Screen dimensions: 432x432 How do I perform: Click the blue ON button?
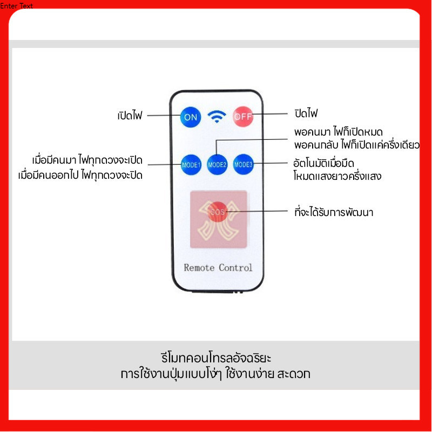(x=191, y=117)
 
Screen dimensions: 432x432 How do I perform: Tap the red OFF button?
(x=242, y=117)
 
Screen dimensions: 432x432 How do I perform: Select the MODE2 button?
(x=217, y=165)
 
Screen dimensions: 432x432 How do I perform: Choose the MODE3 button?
(x=243, y=165)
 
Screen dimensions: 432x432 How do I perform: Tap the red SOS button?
(x=218, y=212)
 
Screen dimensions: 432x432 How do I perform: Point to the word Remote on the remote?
(x=199, y=267)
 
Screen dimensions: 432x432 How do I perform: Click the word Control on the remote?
(x=235, y=267)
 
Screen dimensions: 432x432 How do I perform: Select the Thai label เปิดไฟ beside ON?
(x=130, y=115)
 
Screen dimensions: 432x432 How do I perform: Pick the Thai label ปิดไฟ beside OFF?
(x=306, y=113)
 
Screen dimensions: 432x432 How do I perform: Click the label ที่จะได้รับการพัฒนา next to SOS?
(x=333, y=212)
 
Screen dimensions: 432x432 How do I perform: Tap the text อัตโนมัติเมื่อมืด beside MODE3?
(x=323, y=163)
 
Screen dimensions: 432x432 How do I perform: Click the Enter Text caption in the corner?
(x=16, y=5)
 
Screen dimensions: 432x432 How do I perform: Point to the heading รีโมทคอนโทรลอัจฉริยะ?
(x=216, y=358)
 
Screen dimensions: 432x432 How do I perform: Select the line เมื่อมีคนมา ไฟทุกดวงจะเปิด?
(x=87, y=160)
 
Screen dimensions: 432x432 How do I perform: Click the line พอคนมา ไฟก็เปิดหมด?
(x=339, y=132)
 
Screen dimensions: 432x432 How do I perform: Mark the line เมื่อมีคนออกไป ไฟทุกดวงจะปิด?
(x=80, y=175)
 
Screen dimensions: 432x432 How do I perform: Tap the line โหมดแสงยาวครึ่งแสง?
(x=337, y=176)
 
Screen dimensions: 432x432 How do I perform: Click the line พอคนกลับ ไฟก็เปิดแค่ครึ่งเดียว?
(x=357, y=145)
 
